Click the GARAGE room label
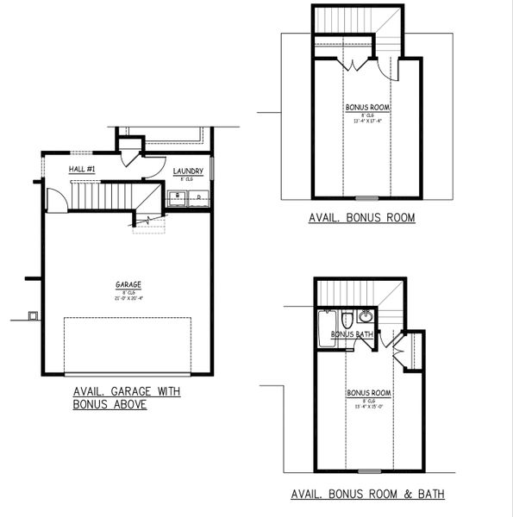[128, 284]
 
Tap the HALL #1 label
[83, 170]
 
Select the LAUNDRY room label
[188, 171]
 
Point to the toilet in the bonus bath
[346, 320]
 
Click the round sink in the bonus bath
[366, 316]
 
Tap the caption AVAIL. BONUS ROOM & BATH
[367, 495]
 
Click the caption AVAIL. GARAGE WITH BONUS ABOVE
[128, 397]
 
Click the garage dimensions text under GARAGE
[128, 298]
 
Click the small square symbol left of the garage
[33, 315]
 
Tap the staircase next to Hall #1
[102, 196]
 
